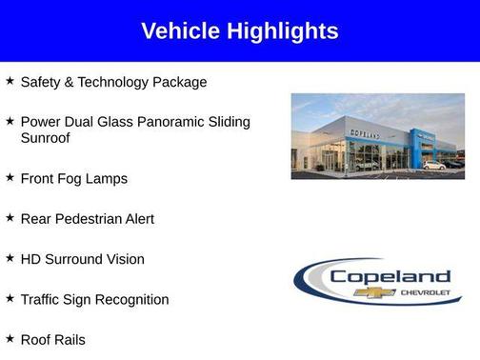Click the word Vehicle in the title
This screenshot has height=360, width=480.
[x=180, y=31]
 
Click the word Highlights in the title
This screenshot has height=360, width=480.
[x=282, y=31]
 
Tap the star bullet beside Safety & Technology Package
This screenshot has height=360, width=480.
[x=10, y=81]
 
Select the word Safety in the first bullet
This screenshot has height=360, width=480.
[x=41, y=82]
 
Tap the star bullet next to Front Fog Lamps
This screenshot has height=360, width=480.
[x=10, y=177]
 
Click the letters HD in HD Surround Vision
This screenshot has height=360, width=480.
[x=30, y=259]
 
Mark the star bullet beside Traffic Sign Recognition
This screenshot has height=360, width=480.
[x=10, y=298]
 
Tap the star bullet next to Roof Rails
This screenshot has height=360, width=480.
[x=10, y=338]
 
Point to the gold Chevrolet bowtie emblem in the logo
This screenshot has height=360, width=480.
[x=373, y=292]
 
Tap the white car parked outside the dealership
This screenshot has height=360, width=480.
[x=433, y=165]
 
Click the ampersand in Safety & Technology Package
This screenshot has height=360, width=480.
[x=70, y=82]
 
